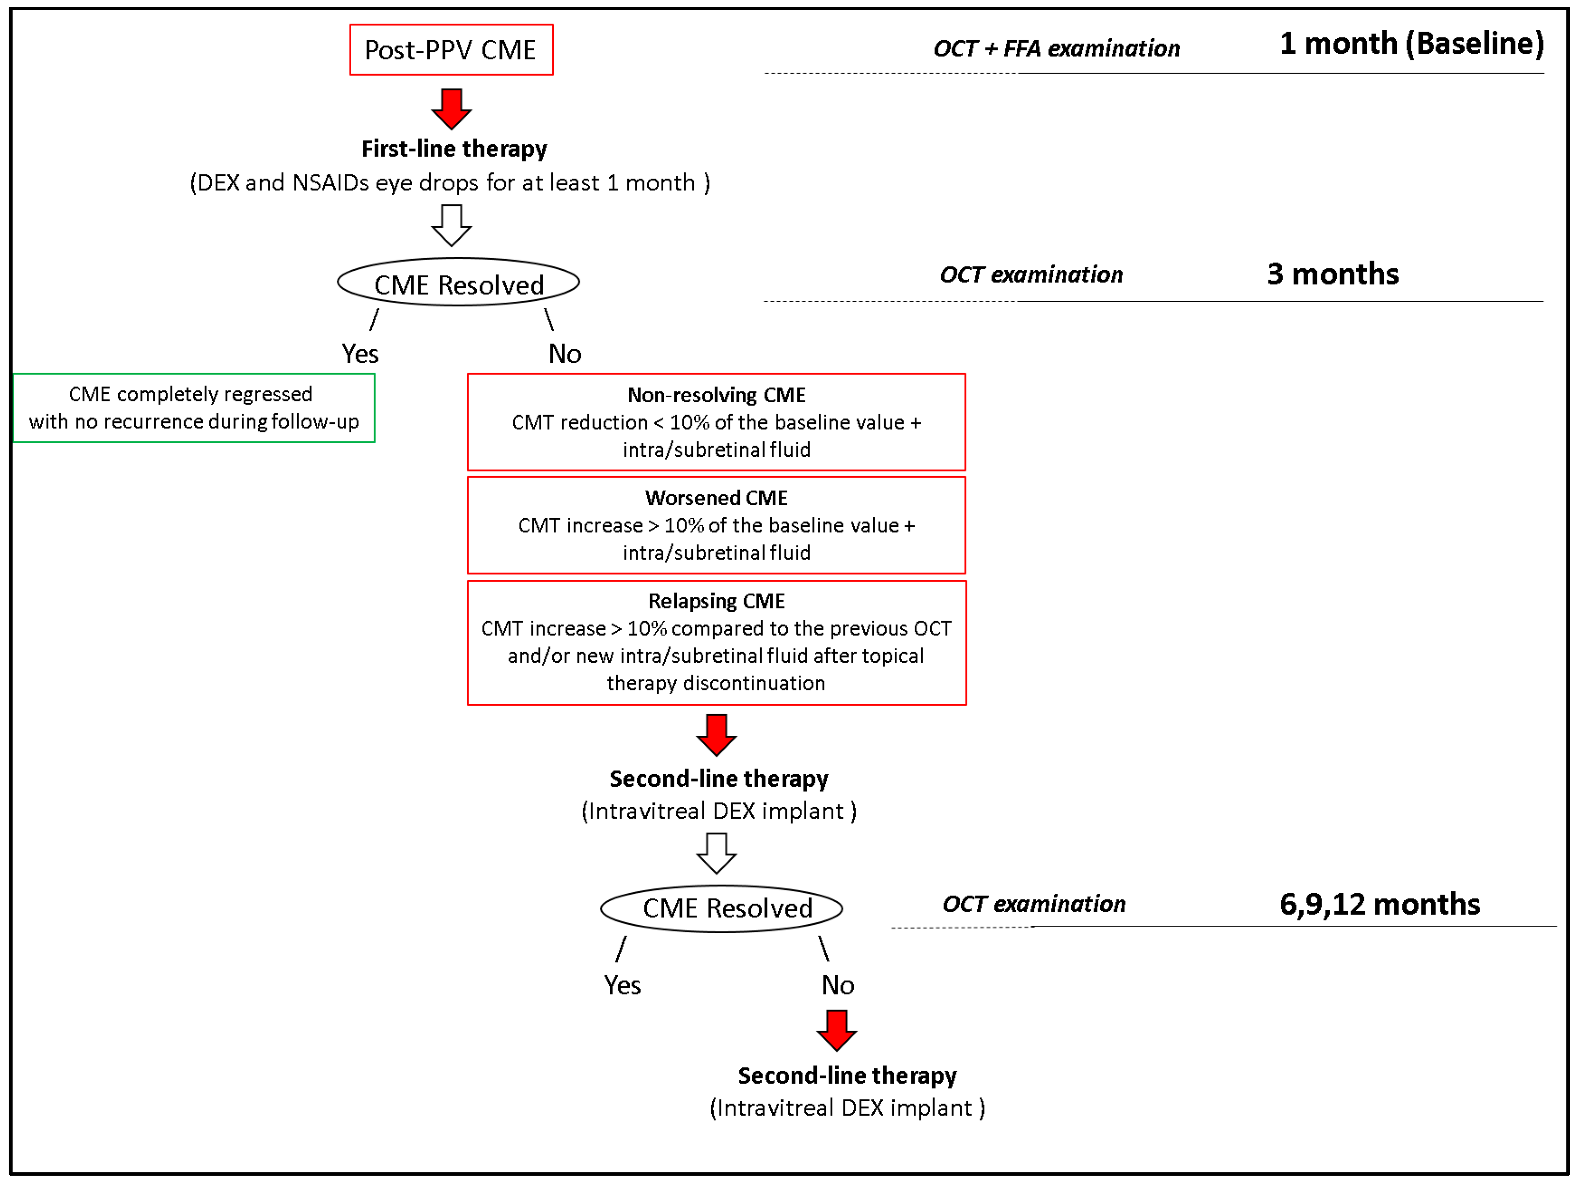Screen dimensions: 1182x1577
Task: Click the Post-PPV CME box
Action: [451, 50]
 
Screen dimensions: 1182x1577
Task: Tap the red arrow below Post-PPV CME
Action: [451, 109]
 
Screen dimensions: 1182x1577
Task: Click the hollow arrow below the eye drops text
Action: [451, 225]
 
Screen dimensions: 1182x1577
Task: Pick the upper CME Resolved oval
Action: [458, 283]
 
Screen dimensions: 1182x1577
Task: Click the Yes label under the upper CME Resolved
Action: [360, 354]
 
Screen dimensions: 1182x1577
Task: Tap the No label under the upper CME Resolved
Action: [564, 354]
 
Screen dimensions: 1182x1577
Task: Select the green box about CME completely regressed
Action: [194, 408]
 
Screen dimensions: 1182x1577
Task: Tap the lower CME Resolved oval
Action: [721, 908]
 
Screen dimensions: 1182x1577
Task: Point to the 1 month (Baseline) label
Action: [1412, 44]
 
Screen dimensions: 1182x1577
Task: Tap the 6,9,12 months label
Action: [1379, 904]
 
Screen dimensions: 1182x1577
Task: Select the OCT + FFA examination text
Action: [1057, 48]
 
